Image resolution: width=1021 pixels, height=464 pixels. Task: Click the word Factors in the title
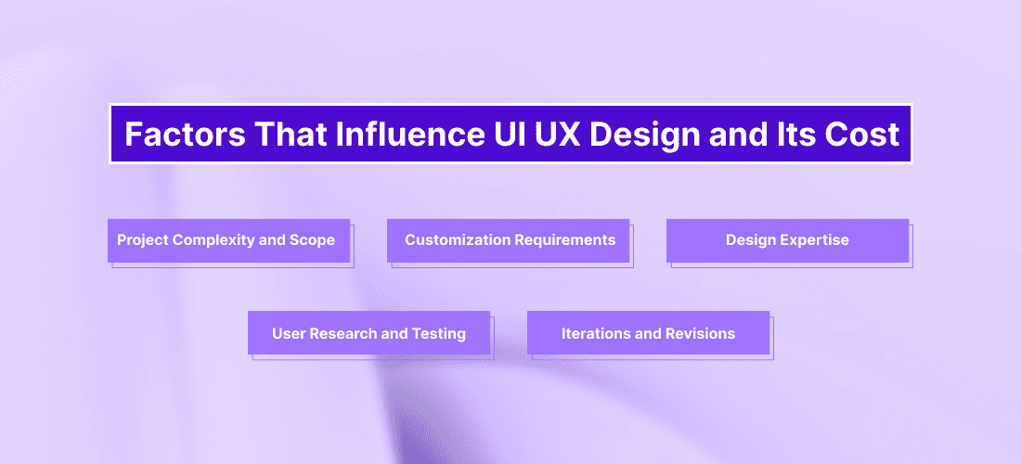point(185,134)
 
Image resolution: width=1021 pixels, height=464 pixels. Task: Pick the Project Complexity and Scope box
point(228,240)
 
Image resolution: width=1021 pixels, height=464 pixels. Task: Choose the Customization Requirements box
point(508,240)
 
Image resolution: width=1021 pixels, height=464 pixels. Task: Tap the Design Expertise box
point(787,240)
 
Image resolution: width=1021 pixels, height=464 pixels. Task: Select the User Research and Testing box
point(368,332)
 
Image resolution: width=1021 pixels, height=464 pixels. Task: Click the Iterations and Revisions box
point(648,332)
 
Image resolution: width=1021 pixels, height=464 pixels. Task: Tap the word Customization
point(458,240)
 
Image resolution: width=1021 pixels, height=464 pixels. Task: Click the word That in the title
point(291,134)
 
